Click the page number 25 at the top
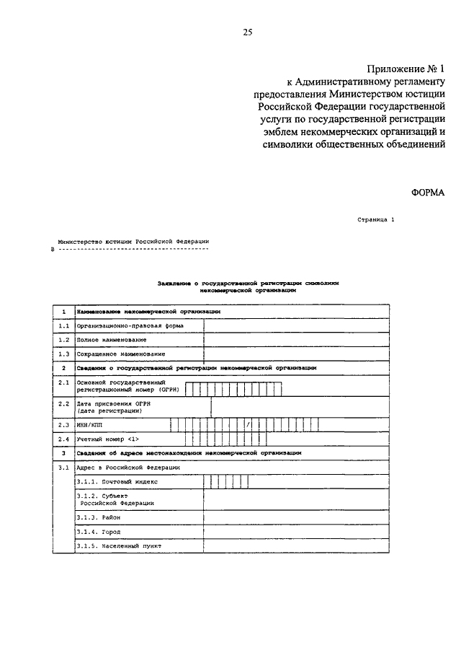248,32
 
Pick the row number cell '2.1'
63,383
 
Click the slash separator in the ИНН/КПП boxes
247,425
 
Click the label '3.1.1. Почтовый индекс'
116,481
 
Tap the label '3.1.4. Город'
100,532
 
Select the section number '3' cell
63,452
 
